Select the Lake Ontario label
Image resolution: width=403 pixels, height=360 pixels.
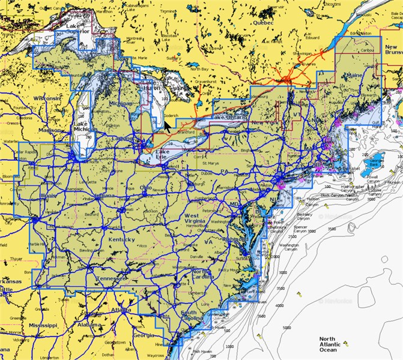pos(226,118)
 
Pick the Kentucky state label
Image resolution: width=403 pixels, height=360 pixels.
pos(122,240)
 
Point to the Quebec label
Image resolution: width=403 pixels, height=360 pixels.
pos(263,22)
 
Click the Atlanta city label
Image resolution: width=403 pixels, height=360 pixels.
pos(121,310)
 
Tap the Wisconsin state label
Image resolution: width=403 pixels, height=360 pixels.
pos(47,97)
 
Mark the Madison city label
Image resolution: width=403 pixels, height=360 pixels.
pos(50,130)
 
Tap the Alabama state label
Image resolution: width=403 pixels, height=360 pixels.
pos(90,324)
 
